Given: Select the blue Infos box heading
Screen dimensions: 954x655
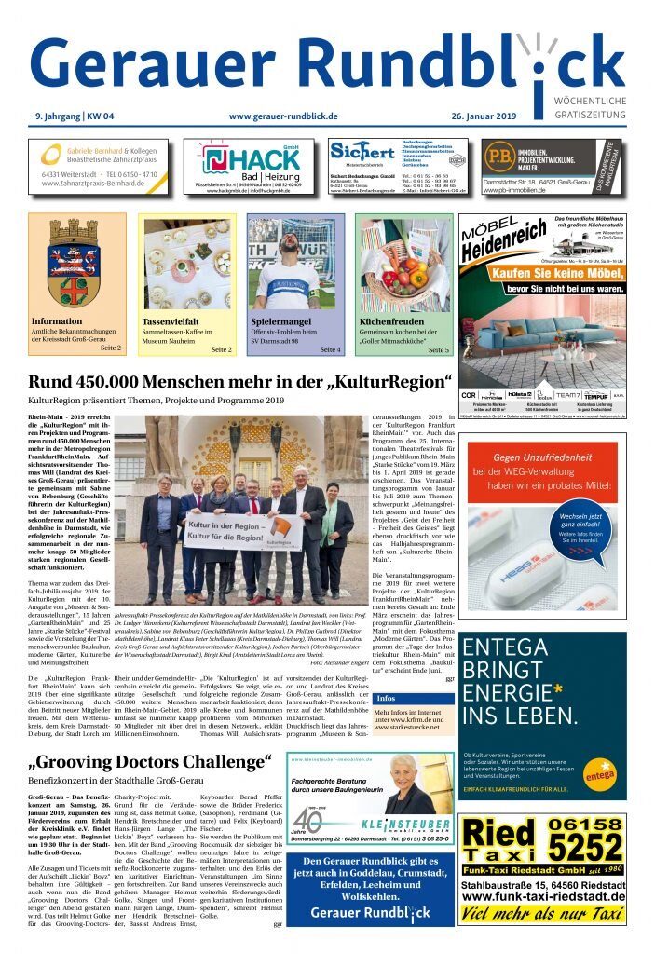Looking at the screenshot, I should [387, 698].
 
